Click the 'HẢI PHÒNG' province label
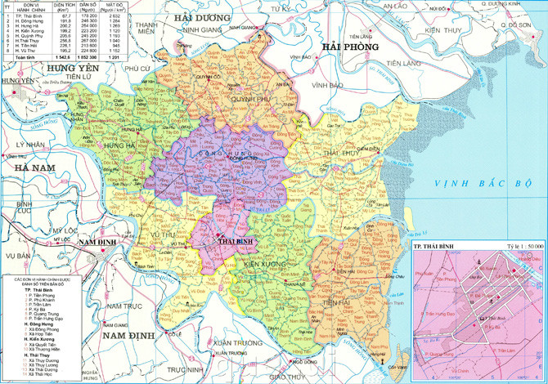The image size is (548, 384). (x=352, y=47)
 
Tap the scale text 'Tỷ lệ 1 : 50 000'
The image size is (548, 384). (x=514, y=246)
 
